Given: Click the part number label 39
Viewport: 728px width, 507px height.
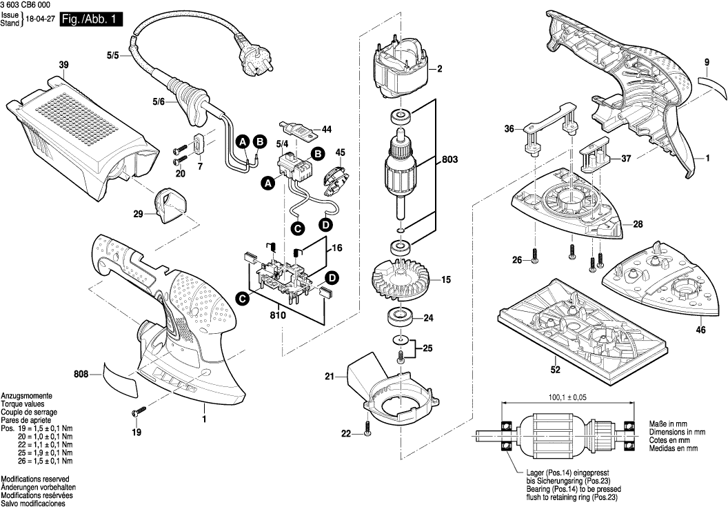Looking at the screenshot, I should [x=64, y=66].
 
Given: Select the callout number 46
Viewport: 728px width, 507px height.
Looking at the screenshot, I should [x=700, y=330].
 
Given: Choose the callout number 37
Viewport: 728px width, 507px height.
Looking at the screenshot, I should [x=626, y=159].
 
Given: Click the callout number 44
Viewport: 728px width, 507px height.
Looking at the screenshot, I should [x=326, y=130].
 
